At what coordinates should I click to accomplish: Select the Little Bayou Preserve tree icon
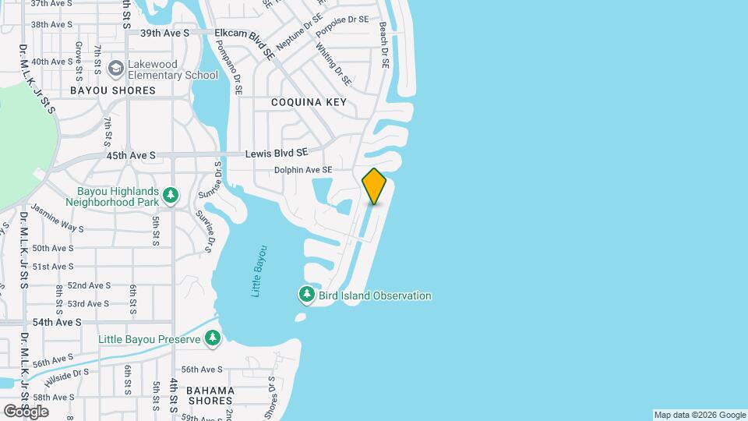tap(212, 338)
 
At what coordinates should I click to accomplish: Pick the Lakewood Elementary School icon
tap(117, 69)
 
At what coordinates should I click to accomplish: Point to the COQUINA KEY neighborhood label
tap(309, 102)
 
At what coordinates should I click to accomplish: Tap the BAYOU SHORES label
tap(113, 90)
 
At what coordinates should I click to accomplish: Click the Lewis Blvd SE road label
tap(277, 154)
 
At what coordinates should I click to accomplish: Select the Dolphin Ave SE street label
tap(303, 170)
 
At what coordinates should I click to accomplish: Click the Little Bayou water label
tap(259, 271)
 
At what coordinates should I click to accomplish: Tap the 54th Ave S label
tap(57, 322)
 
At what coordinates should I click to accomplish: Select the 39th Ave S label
tap(165, 34)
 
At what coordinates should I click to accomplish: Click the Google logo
tap(25, 411)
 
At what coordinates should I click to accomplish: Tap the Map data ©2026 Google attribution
tap(700, 415)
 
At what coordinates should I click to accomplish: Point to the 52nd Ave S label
tap(89, 285)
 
